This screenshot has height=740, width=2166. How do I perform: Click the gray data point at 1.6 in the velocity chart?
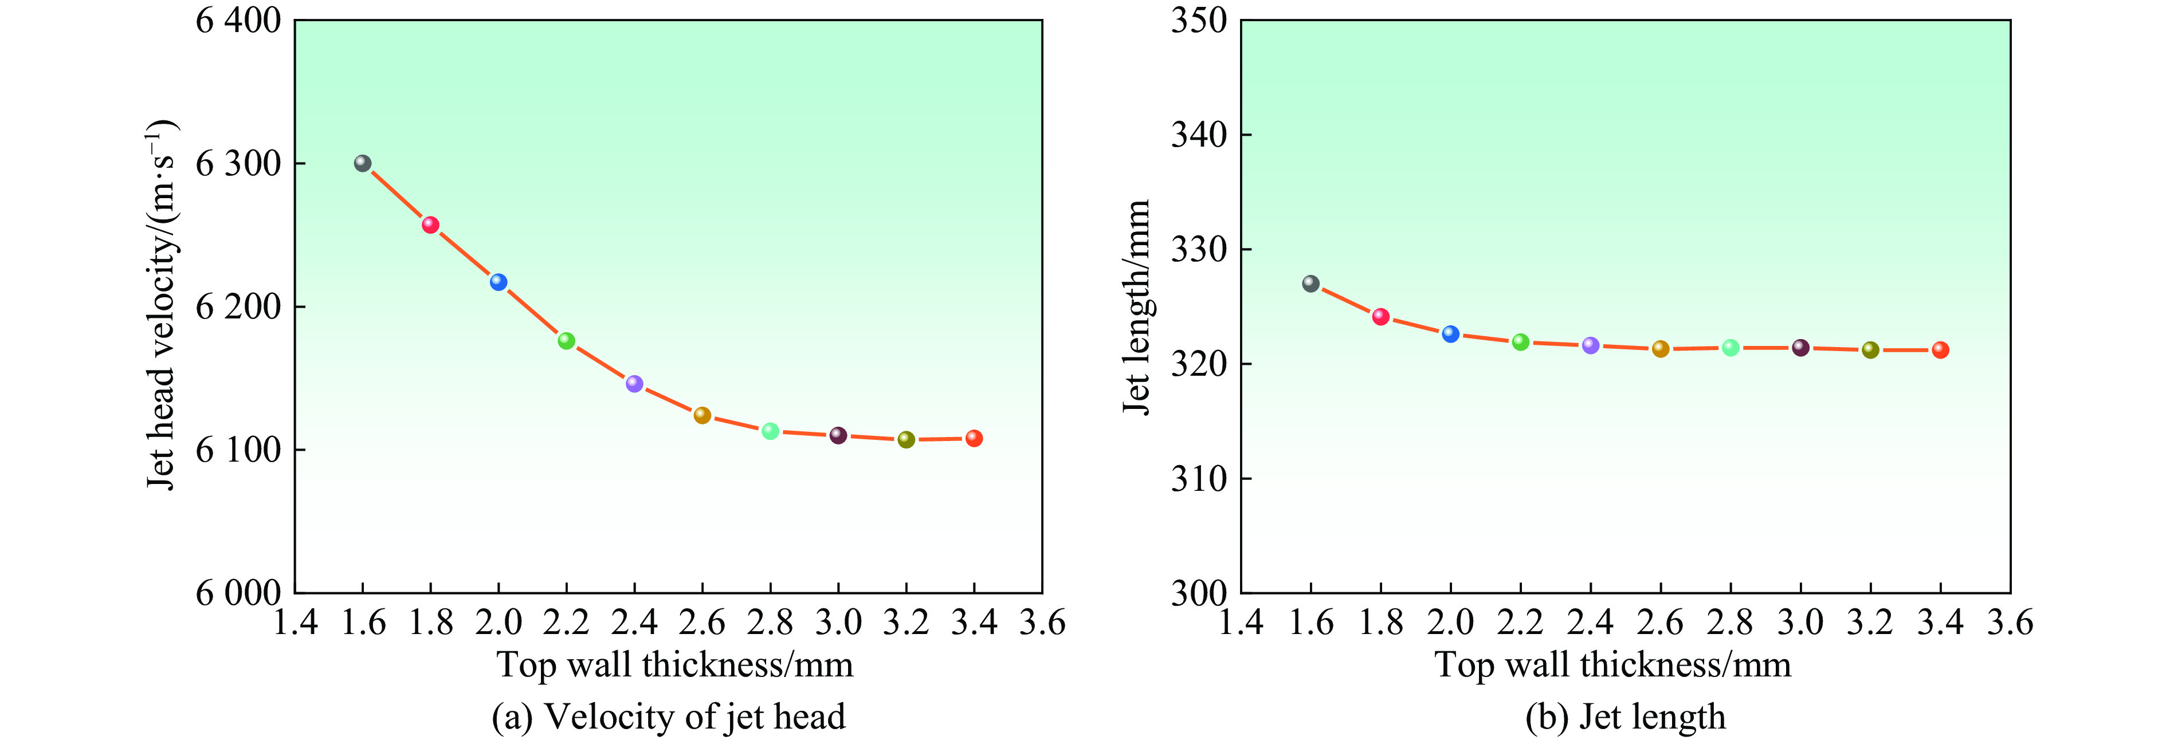point(362,163)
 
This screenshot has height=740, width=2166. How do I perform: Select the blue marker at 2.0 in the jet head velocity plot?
point(499,282)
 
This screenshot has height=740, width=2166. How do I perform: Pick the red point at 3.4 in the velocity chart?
point(974,438)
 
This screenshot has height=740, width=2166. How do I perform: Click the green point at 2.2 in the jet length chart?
point(1520,341)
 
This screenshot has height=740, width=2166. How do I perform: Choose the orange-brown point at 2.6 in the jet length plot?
point(1661,348)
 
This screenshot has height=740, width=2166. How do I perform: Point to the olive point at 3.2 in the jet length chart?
point(1870,350)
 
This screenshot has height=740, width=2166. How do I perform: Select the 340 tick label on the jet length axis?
point(1199,135)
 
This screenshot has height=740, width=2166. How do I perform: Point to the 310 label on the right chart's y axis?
point(1199,478)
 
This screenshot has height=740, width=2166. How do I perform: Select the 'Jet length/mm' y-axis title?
point(1137,307)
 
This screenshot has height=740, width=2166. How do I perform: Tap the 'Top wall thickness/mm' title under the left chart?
point(674,664)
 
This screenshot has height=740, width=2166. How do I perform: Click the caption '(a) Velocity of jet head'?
point(669,717)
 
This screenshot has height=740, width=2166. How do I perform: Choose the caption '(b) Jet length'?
point(1625,717)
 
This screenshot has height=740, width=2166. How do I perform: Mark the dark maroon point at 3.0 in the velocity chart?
point(838,435)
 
